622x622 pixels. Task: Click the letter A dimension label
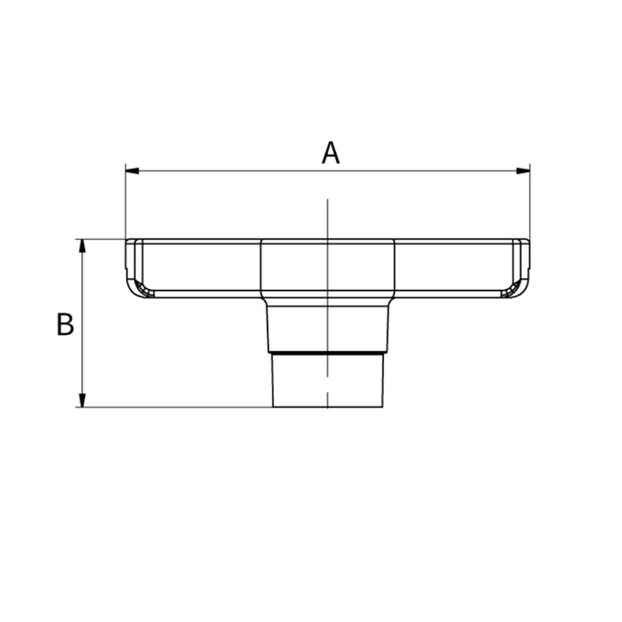coord(330,153)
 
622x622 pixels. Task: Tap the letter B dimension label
coord(65,324)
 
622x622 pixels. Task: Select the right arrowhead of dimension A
coord(523,171)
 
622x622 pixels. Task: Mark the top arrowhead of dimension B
coord(82,246)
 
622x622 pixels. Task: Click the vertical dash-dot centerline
coord(327,220)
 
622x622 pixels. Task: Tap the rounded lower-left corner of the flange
coord(137,288)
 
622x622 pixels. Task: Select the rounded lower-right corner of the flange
coord(519,288)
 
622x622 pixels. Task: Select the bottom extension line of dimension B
coord(172,407)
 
